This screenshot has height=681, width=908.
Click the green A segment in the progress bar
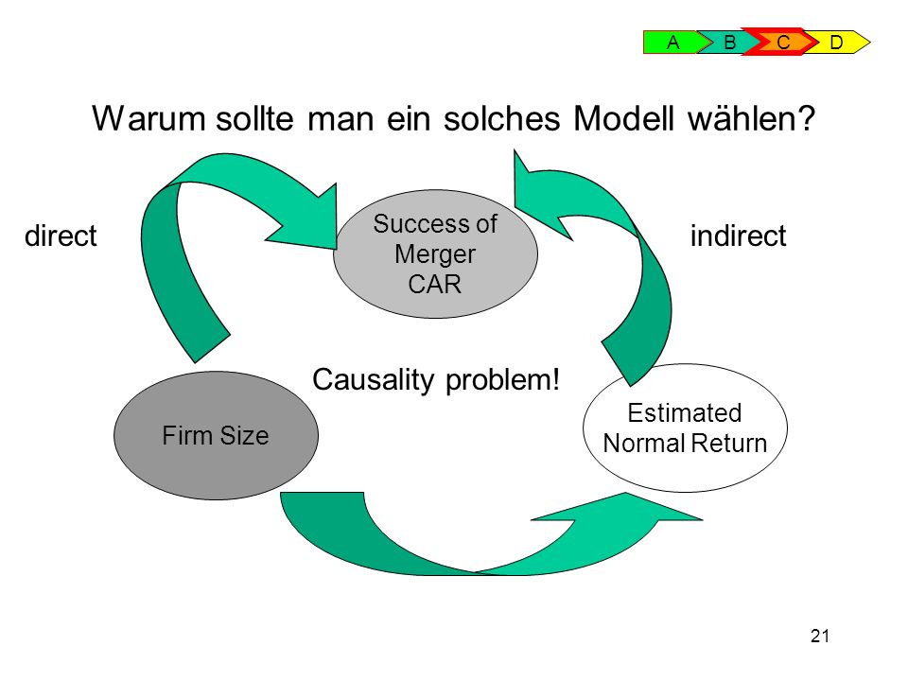click(672, 43)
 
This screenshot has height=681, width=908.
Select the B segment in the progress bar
click(728, 43)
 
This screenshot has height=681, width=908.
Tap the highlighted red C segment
click(782, 42)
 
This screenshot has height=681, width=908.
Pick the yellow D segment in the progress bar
click(837, 43)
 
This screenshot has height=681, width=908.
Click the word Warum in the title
click(148, 119)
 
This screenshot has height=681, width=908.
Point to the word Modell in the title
click(623, 119)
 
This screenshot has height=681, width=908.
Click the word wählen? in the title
click(751, 119)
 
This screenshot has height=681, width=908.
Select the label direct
click(61, 236)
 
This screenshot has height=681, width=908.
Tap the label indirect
click(739, 236)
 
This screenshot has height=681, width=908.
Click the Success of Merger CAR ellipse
click(435, 253)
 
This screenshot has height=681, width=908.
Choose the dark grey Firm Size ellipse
click(216, 435)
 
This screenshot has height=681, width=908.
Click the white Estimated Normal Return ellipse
click(685, 428)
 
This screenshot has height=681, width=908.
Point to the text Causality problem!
click(436, 380)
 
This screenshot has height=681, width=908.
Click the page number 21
click(820, 636)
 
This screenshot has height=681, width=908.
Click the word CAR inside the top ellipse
click(435, 285)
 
